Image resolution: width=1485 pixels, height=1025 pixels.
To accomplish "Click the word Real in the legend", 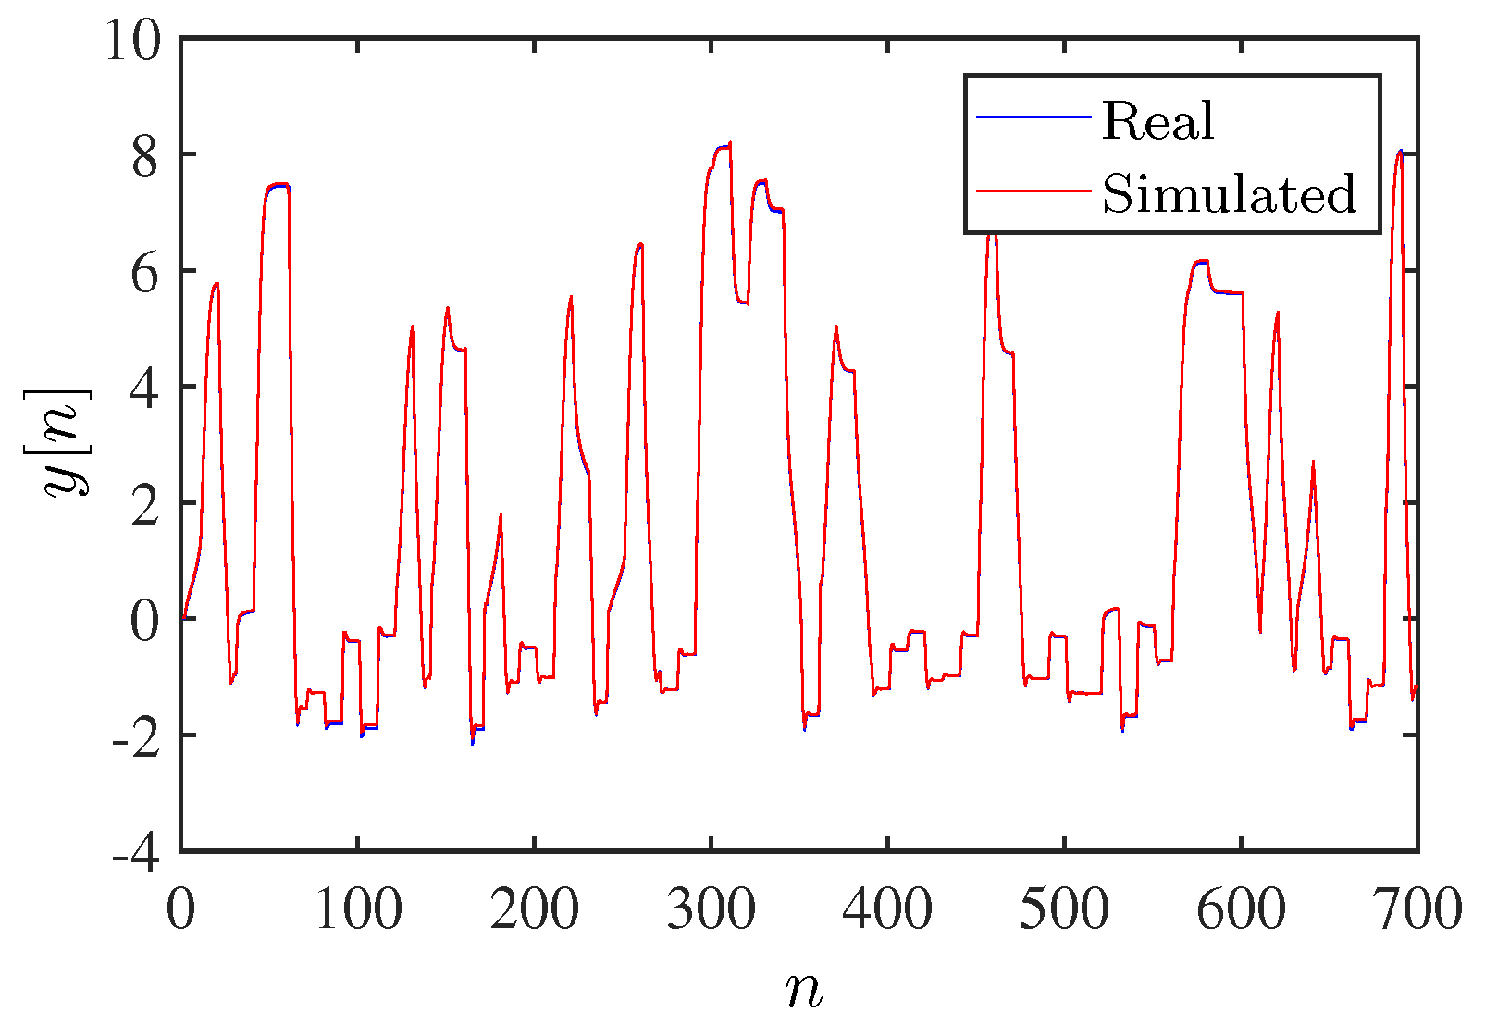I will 1157,121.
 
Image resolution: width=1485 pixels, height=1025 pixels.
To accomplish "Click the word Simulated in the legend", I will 1229,194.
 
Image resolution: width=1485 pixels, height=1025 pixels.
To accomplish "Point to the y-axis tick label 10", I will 131,41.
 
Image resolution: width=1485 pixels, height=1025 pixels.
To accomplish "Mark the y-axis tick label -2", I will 135,736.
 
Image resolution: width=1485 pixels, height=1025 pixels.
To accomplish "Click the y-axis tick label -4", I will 135,852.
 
